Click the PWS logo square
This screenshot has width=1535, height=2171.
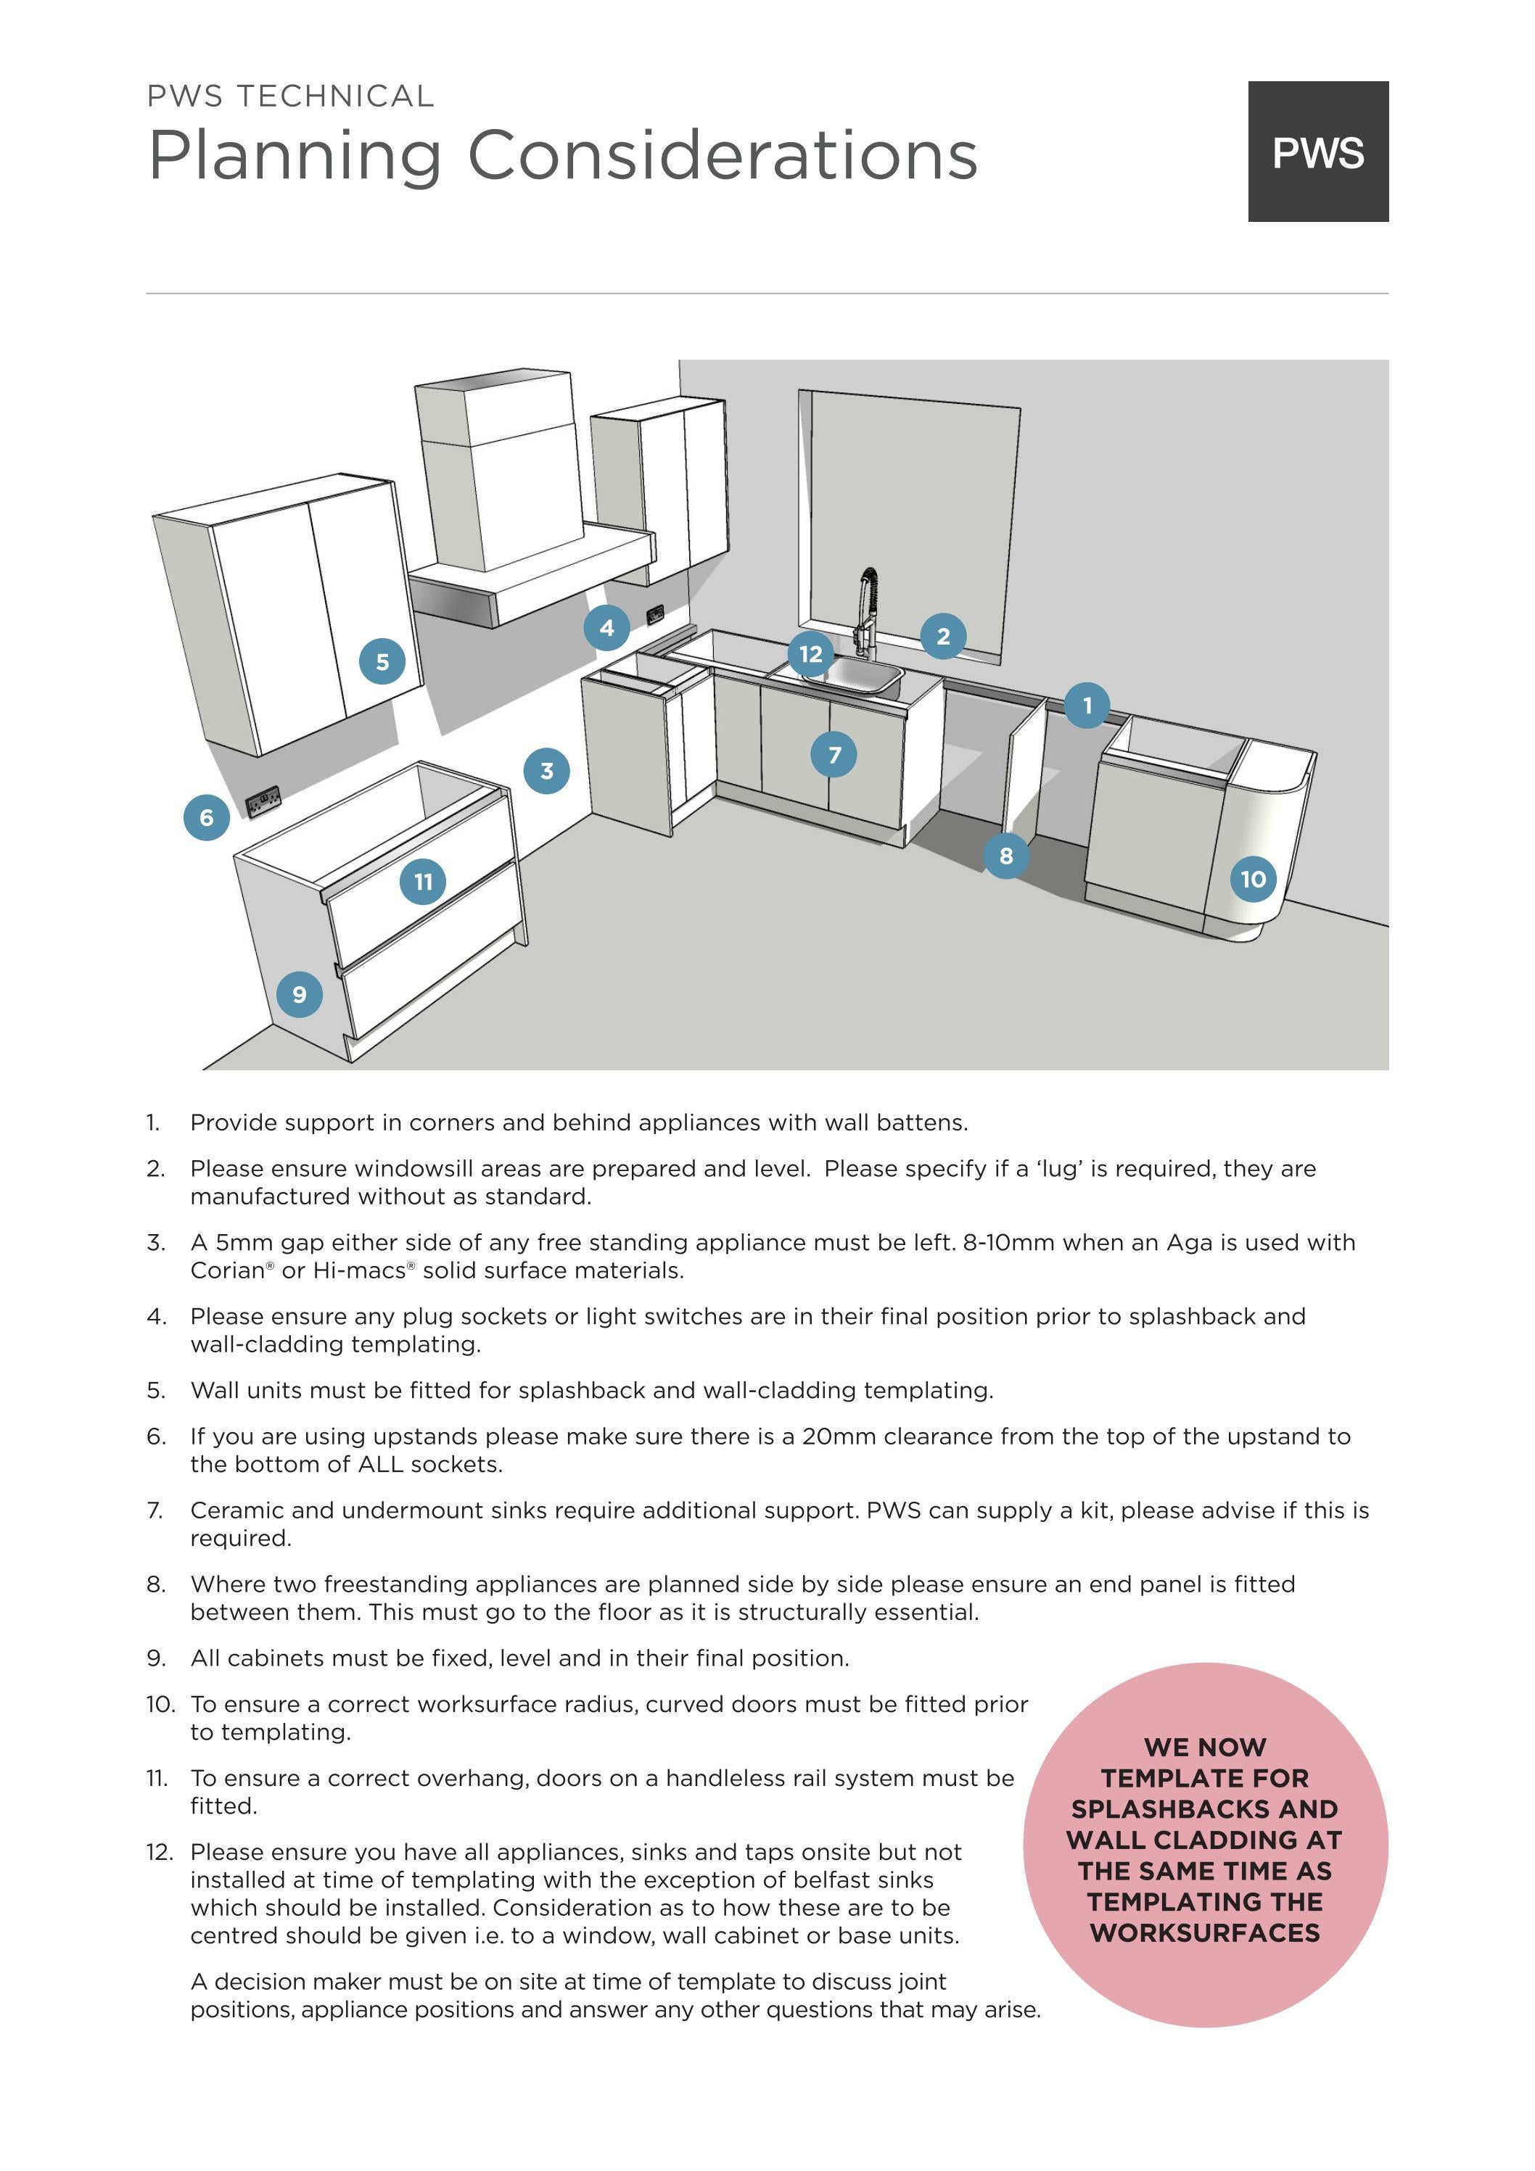1317,152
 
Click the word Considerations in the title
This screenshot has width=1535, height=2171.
723,156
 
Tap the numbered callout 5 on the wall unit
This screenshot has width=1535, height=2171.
382,662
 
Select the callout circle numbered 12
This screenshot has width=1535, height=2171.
810,654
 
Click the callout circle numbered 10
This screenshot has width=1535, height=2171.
1253,880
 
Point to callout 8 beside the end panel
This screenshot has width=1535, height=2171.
1006,856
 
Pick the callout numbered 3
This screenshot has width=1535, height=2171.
547,771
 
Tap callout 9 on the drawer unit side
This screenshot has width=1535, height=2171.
299,995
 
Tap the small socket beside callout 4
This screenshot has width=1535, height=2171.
654,616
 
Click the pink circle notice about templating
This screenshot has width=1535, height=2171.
1205,1845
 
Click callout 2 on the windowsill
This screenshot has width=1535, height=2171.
943,637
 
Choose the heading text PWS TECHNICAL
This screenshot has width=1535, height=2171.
290,96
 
